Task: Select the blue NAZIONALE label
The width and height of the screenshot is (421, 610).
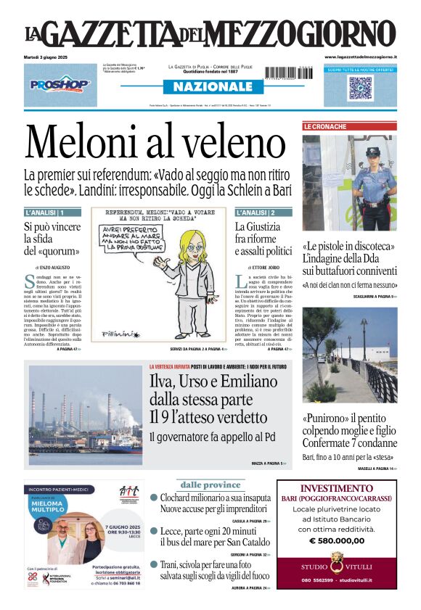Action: click(x=208, y=87)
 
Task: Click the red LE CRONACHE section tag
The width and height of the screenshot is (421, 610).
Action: click(x=325, y=126)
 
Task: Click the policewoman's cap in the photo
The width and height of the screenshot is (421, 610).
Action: click(x=372, y=152)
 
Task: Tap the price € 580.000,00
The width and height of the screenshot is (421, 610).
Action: click(x=336, y=540)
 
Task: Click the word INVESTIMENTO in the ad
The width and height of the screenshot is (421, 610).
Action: click(x=336, y=488)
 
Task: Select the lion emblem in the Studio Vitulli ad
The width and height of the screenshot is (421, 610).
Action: click(x=336, y=561)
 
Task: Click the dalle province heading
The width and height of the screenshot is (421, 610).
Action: click(x=210, y=485)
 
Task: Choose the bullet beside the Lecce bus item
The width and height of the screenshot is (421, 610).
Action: click(x=154, y=530)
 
